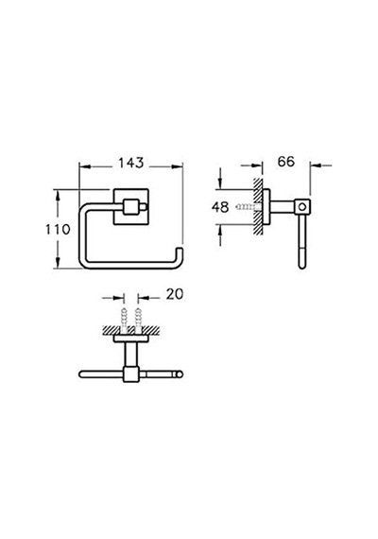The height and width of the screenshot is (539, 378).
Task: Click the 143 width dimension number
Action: tap(131, 163)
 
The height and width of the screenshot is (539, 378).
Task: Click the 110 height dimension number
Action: tap(58, 229)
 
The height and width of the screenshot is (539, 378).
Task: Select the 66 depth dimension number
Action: tap(286, 161)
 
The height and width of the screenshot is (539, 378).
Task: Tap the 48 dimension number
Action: tap(220, 207)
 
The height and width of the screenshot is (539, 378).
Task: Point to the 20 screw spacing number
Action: tap(175, 294)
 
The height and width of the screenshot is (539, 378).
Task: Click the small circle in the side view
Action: tap(302, 207)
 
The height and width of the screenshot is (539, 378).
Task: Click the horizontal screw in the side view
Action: tap(249, 207)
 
